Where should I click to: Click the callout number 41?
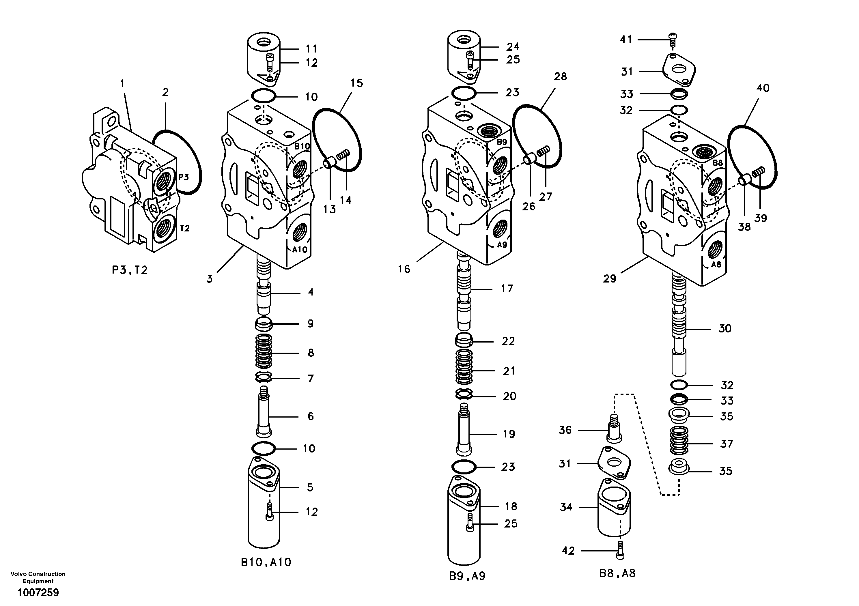coord(625,39)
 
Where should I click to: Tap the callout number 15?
coord(356,83)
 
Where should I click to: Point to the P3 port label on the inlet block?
coord(183,177)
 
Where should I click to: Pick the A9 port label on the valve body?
coord(502,245)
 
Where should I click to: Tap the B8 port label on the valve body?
coord(718,163)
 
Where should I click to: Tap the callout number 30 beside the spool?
coord(725,329)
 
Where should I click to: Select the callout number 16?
coord(404,269)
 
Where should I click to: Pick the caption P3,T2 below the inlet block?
coord(130,270)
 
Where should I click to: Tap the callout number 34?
coord(566,507)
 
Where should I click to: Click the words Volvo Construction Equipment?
coord(38,577)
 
